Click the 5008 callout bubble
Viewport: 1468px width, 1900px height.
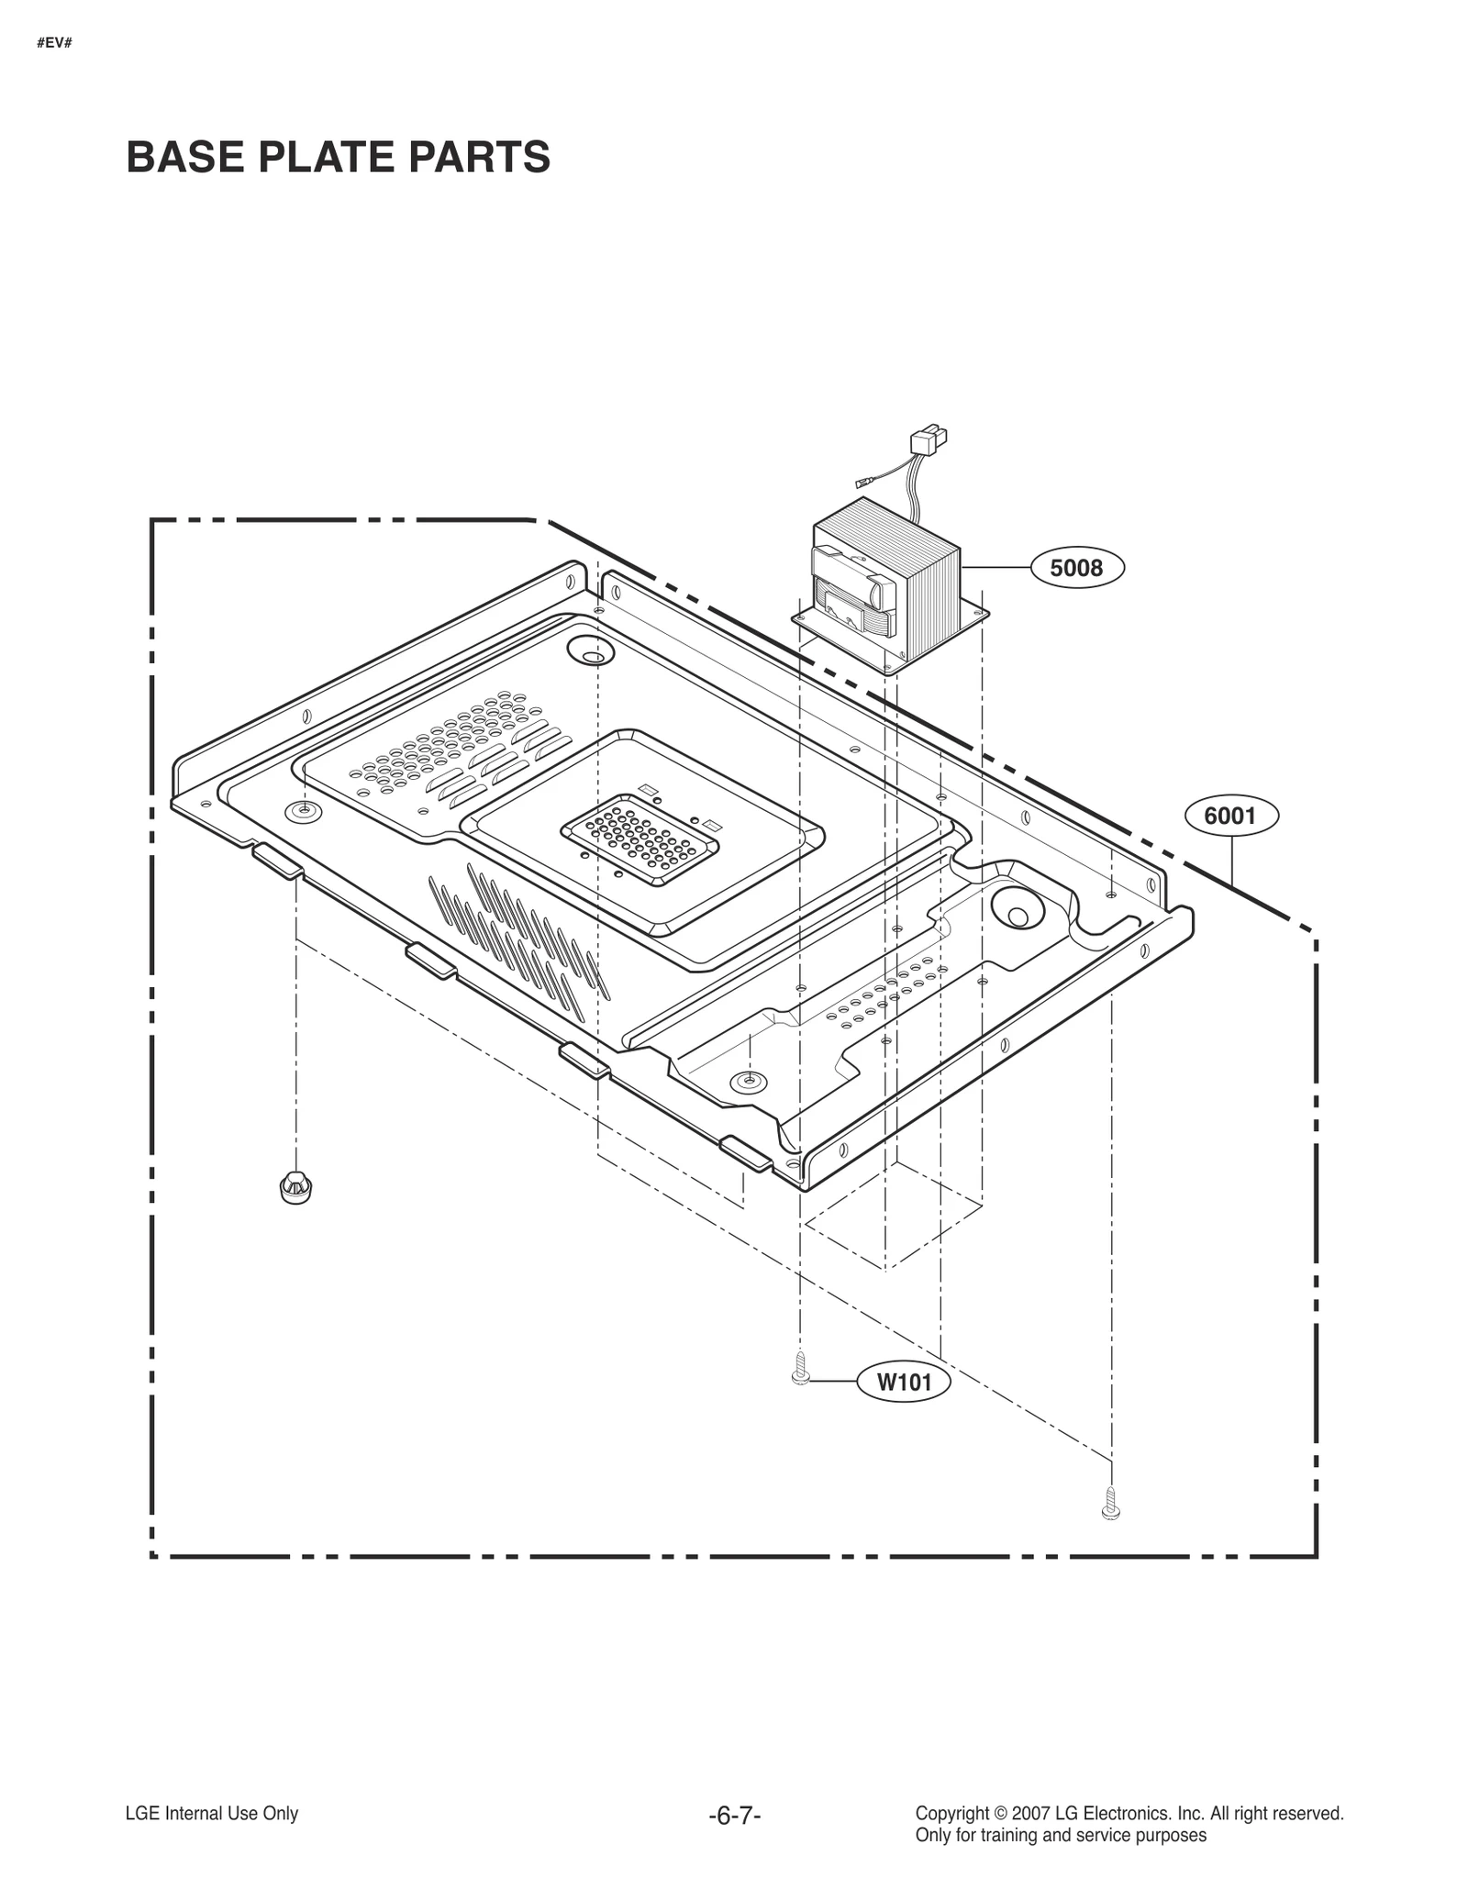point(1076,568)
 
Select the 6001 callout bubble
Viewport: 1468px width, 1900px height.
point(1230,816)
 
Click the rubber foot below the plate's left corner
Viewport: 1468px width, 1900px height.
point(295,1187)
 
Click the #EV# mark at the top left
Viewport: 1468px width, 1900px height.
point(54,43)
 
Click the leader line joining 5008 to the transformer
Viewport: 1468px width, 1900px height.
point(996,568)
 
